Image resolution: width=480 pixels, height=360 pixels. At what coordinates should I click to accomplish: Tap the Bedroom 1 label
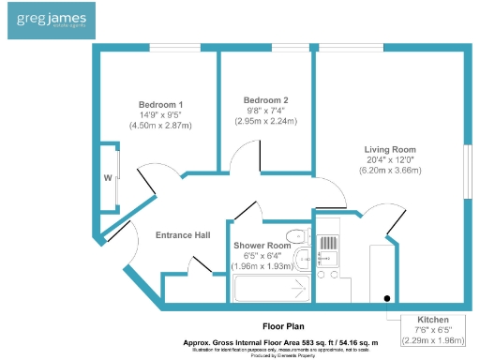point(160,104)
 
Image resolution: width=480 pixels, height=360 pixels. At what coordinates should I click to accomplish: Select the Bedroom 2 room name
point(265,100)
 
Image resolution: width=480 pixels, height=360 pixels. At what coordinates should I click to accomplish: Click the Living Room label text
point(390,149)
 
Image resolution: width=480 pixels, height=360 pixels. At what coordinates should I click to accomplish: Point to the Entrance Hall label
point(183,234)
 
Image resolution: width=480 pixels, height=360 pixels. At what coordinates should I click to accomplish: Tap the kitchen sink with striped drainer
point(329,247)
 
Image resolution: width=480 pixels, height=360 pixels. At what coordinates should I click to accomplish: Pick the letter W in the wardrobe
point(109,177)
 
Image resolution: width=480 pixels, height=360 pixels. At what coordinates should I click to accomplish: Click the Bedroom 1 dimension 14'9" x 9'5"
point(160,114)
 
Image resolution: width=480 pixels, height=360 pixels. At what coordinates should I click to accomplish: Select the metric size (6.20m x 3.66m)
point(390,170)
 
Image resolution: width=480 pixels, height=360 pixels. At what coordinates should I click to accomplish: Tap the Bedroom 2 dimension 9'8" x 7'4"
point(265,111)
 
